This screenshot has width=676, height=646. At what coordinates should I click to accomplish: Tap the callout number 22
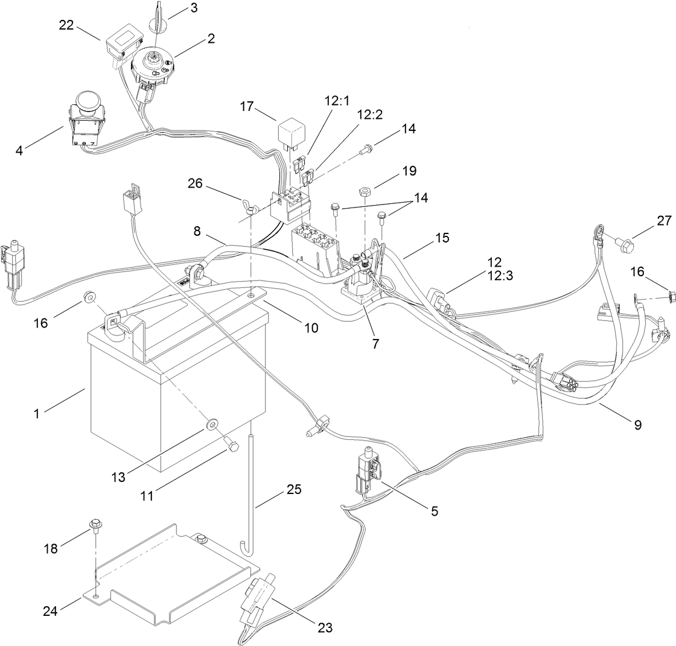point(67,25)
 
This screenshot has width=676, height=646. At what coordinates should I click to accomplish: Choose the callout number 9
point(637,425)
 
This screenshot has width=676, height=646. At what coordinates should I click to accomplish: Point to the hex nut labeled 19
point(365,191)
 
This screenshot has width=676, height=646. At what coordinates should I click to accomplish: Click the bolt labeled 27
point(626,244)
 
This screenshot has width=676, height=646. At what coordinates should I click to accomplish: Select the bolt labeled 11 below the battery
point(232,446)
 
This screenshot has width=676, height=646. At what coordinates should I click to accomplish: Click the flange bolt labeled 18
point(95,524)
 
